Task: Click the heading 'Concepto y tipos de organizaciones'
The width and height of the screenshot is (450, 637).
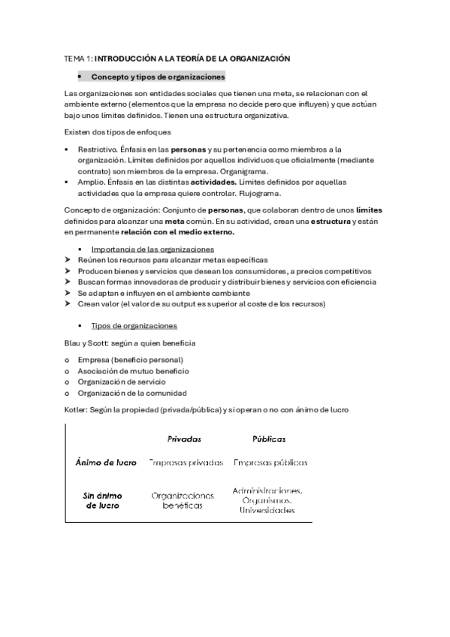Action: (158, 77)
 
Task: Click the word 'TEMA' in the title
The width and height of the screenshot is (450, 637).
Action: (75, 58)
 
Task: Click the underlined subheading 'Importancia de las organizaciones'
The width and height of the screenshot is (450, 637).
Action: (153, 249)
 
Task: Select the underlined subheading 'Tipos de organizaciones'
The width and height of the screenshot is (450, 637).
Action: (134, 326)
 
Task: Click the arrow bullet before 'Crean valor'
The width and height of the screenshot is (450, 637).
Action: (68, 303)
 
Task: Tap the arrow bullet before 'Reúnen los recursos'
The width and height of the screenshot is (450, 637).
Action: (68, 260)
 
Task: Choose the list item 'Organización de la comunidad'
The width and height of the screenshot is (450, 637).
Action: (132, 393)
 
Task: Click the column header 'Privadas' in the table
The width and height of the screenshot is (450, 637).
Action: (184, 439)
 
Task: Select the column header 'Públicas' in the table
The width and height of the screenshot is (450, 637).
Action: (269, 439)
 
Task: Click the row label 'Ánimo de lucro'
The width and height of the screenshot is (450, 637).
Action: (107, 463)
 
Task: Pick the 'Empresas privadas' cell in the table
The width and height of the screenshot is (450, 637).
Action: (186, 463)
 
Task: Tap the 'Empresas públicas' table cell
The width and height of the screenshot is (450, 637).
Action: (271, 463)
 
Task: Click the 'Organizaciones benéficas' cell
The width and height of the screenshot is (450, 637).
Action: (183, 501)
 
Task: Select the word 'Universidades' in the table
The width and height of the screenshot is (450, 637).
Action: (267, 510)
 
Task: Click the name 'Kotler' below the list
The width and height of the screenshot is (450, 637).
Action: (76, 410)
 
